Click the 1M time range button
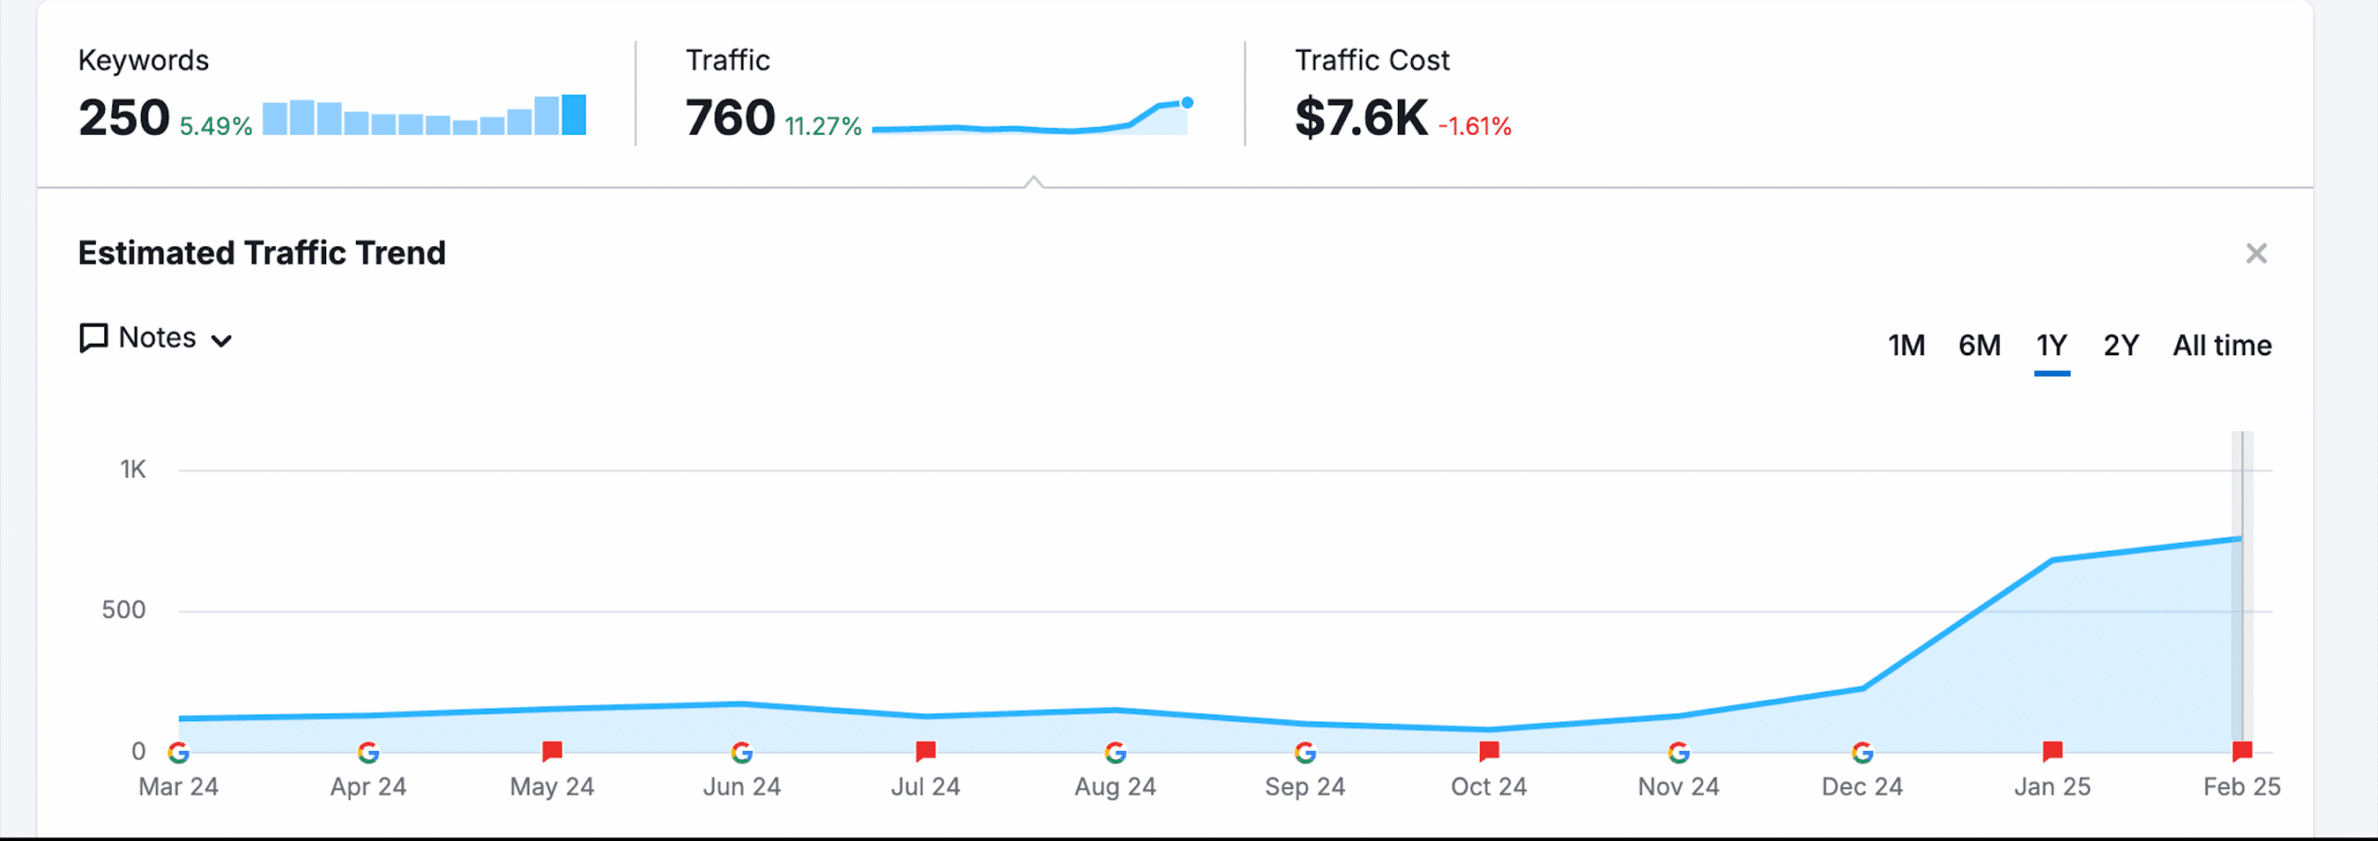coord(1906,346)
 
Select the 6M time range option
coord(1979,346)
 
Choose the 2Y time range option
coord(2121,346)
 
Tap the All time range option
coord(2222,346)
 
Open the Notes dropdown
coord(156,338)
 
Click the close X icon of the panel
coord(2256,254)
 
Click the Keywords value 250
coord(124,118)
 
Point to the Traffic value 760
coord(730,118)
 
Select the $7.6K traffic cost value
coord(1361,118)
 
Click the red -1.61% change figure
coord(1474,126)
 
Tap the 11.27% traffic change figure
coord(823,126)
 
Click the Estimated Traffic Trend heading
coord(262,253)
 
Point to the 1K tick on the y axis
coord(133,469)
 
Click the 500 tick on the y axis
coord(124,611)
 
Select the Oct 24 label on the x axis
coord(1488,787)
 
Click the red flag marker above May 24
coord(553,750)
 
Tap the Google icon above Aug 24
coord(1116,752)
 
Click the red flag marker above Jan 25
coord(2053,750)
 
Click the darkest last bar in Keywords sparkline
coord(574,115)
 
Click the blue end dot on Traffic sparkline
coord(1187,103)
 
